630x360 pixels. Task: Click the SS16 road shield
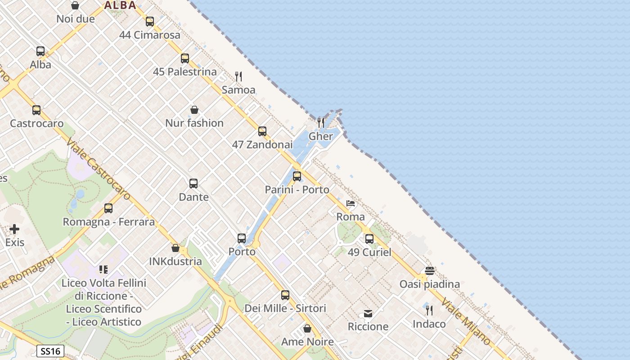click(50, 351)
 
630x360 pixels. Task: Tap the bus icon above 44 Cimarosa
click(150, 22)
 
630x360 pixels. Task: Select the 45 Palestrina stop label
click(184, 72)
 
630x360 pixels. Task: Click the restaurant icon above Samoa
click(238, 76)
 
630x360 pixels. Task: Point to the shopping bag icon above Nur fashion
click(194, 110)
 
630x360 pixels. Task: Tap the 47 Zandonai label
click(262, 144)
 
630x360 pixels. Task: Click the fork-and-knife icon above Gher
click(321, 122)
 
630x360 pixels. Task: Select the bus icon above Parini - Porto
click(297, 176)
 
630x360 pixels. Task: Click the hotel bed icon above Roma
click(351, 204)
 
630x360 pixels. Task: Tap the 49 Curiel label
click(369, 252)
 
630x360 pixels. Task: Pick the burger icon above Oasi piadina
click(430, 271)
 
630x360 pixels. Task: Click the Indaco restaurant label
click(429, 324)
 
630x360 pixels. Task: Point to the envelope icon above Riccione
click(368, 314)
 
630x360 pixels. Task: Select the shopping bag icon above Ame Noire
click(307, 329)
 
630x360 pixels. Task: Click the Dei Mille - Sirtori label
click(285, 308)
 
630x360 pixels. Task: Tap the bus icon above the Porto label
click(242, 238)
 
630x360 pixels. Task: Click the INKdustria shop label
click(175, 261)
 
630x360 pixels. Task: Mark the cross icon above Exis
click(14, 229)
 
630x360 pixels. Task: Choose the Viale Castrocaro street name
click(98, 169)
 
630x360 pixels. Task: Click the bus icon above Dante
click(193, 184)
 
